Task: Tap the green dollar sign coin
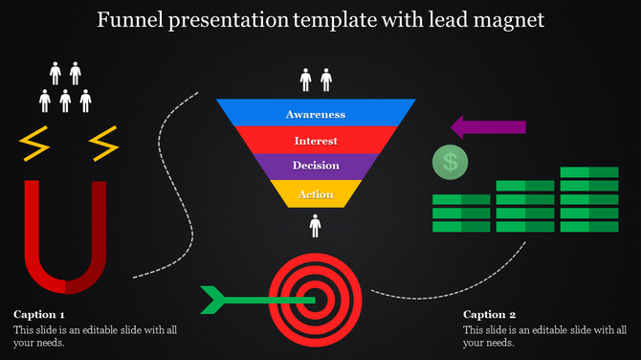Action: [450, 162]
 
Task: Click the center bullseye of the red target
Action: [317, 300]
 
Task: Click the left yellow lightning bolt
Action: [35, 144]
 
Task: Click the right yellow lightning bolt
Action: [103, 144]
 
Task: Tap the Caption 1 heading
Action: [39, 314]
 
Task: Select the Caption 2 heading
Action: [490, 314]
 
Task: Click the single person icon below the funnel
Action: [315, 226]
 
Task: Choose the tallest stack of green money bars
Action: [589, 199]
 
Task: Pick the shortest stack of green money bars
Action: [461, 213]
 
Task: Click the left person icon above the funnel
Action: [306, 79]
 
